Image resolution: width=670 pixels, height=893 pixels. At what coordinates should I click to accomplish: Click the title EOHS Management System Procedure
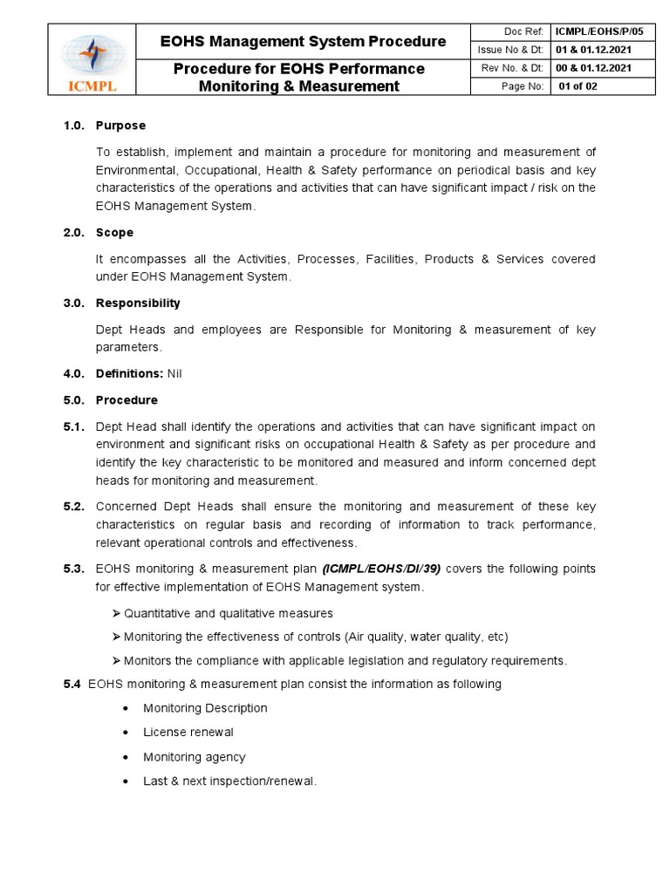click(x=304, y=41)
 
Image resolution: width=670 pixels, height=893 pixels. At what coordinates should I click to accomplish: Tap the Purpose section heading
click(x=120, y=126)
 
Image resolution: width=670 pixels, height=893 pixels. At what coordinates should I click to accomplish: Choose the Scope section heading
click(x=114, y=233)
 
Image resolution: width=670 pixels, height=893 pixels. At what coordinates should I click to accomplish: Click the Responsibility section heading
click(x=138, y=303)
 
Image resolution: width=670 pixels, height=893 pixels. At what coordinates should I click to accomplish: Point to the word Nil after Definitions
click(x=174, y=374)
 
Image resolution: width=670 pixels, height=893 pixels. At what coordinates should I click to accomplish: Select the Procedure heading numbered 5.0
click(x=126, y=400)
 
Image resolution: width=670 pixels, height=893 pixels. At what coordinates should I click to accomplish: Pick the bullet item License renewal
click(x=188, y=733)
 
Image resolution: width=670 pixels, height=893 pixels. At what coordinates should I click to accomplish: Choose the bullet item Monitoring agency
click(x=195, y=757)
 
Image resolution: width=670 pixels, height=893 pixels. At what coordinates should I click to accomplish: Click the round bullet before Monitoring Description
click(x=127, y=708)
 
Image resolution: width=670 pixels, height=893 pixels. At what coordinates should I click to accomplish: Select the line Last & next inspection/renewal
click(x=229, y=781)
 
